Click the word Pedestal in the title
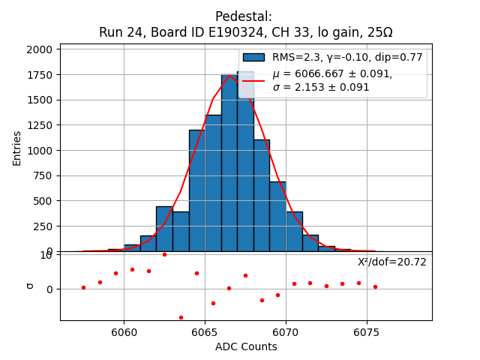[244, 16]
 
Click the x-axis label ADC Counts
[246, 346]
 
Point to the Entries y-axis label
[17, 148]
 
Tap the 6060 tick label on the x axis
[124, 331]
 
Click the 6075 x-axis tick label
[367, 331]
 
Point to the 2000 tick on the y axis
[40, 49]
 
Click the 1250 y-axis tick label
[40, 125]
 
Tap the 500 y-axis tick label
[43, 201]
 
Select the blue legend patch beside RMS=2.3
[253, 57]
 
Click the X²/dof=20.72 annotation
[391, 262]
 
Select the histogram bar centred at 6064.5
[196, 191]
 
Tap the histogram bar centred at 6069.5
[277, 216]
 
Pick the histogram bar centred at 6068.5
[261, 195]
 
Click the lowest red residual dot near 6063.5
[181, 317]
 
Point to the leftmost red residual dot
[83, 287]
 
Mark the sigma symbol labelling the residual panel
[30, 286]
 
